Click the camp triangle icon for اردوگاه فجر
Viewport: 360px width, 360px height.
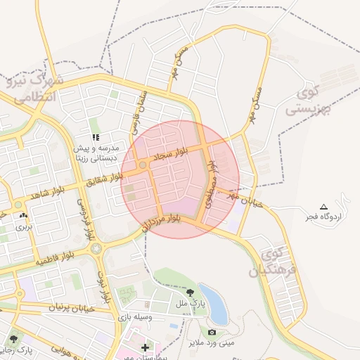click(x=323, y=207)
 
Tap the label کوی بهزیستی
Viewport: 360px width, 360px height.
click(x=307, y=101)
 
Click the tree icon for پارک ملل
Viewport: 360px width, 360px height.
click(x=191, y=292)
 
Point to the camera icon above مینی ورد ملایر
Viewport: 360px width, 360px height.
click(x=212, y=332)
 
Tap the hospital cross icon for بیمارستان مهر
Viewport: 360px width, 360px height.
click(x=145, y=347)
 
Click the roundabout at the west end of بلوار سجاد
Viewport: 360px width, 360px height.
click(x=142, y=165)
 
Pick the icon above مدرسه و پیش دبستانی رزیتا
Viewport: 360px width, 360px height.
click(x=96, y=136)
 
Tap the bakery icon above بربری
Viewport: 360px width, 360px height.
click(x=24, y=216)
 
